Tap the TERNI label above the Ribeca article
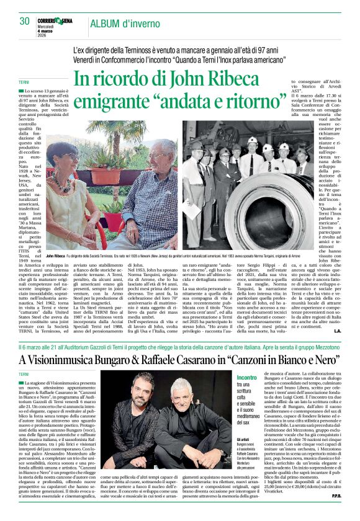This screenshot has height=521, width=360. click(x=24, y=82)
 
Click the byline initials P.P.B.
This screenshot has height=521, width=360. click(x=334, y=513)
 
